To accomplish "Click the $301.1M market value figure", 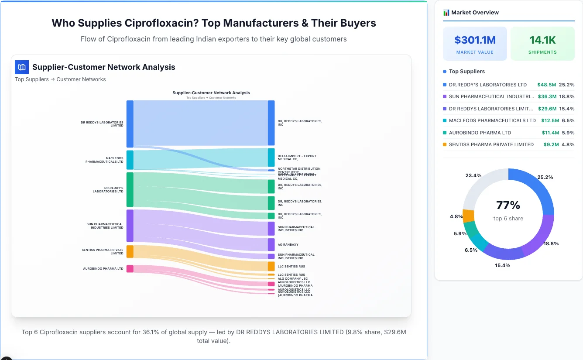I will [475, 40].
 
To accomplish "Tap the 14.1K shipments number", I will [542, 40].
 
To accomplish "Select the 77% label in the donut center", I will [508, 205].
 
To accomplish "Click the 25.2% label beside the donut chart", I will [545, 177].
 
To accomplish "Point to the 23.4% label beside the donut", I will [473, 175].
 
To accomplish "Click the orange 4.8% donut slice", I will [468, 216].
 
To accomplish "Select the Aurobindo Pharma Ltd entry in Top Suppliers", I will [480, 133].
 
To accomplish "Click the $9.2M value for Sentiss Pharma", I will [551, 144].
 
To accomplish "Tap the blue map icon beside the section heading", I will [22, 67].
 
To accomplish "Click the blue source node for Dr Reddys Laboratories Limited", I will [130, 124].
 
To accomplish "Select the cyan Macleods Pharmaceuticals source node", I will [130, 160].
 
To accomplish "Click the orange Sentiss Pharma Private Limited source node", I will [130, 251].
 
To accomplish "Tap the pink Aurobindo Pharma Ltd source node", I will [130, 268].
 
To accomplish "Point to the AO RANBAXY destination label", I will [288, 245].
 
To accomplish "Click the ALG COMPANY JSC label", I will [292, 278].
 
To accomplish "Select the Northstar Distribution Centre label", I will [299, 169].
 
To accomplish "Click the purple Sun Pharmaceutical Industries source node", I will [130, 226].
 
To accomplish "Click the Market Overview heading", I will [475, 13].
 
